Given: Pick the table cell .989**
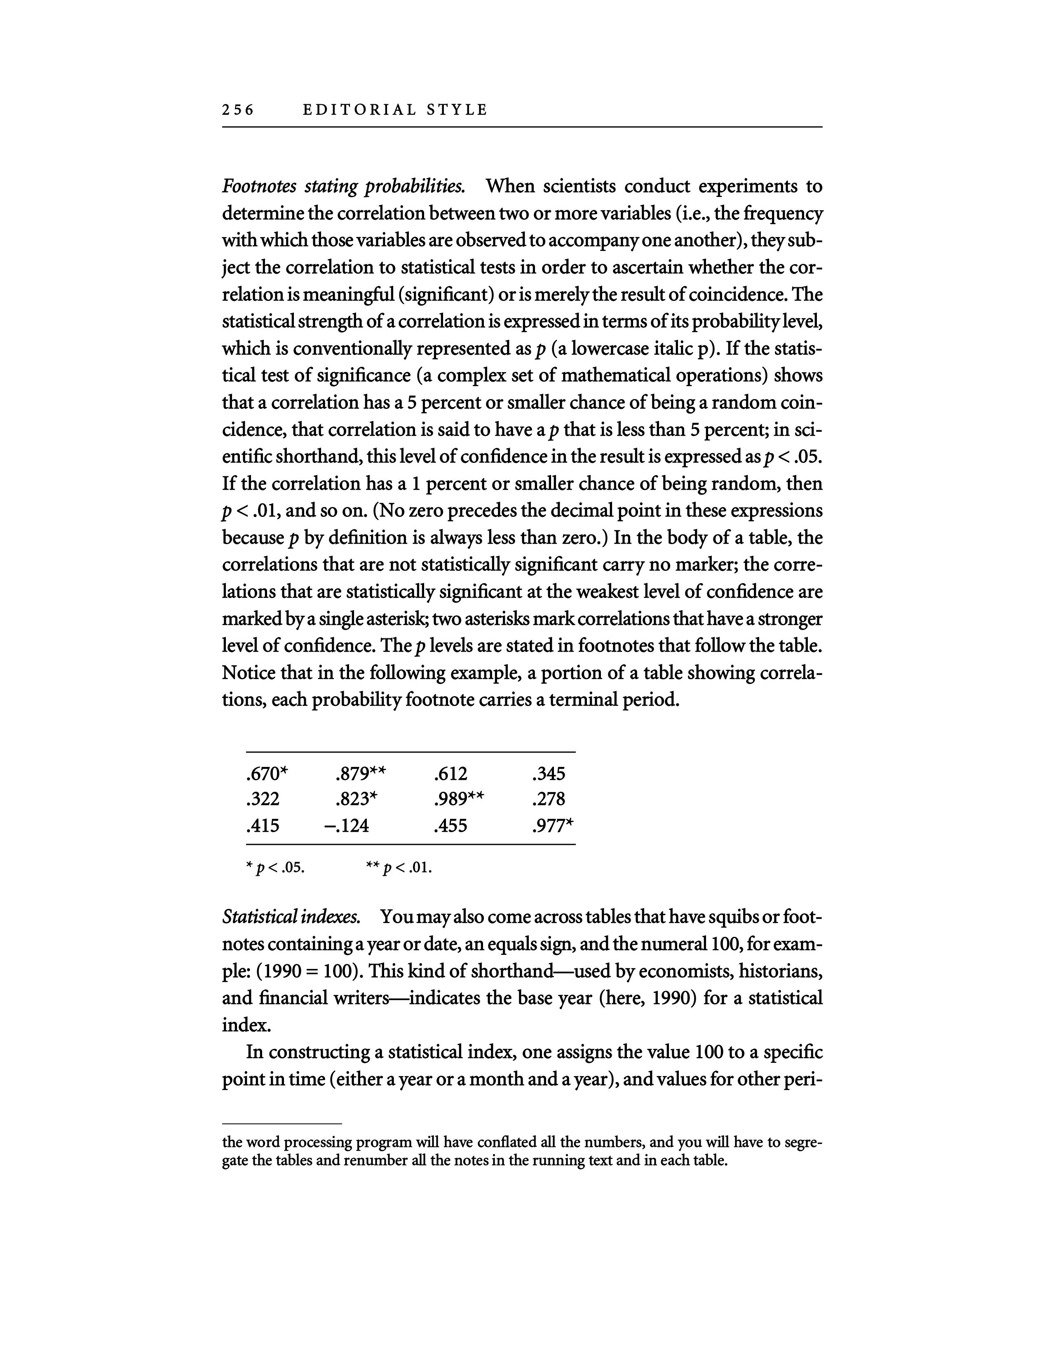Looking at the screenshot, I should click(458, 800).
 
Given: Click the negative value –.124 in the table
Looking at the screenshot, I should click(347, 826).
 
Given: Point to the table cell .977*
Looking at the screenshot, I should click(553, 826).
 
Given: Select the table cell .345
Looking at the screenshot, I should click(549, 774).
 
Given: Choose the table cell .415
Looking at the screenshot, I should click(263, 826).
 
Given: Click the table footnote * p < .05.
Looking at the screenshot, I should click(275, 868).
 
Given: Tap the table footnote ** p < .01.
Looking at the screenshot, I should click(399, 868).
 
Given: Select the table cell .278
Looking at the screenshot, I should click(549, 800).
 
